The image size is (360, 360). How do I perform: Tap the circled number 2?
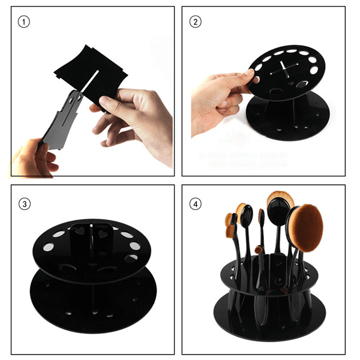(x=195, y=22)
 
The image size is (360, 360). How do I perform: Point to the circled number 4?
(x=196, y=203)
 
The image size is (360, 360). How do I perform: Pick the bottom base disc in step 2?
(x=282, y=123)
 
